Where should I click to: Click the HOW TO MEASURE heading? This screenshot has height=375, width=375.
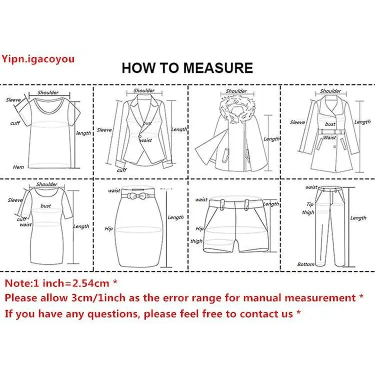point(187,68)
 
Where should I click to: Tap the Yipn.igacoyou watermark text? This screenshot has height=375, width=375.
point(38,59)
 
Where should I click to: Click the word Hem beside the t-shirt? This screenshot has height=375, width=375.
point(18,167)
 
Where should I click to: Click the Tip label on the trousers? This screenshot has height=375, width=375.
point(310,204)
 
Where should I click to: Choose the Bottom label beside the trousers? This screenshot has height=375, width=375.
point(305,264)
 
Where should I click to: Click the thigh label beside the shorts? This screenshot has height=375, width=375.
point(196,241)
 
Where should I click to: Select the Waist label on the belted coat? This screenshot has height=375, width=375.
point(329,137)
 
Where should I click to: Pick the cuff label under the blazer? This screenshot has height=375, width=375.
point(121,170)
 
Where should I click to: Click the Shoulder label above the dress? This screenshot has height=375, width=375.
point(46,184)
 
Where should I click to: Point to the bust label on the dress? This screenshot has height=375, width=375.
point(46,205)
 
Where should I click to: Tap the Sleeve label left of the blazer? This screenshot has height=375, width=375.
point(104,130)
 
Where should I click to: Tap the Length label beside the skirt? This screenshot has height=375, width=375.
point(175,217)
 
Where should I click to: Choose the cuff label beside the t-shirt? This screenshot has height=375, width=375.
point(15,123)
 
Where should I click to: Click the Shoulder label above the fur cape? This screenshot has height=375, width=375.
point(236,91)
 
